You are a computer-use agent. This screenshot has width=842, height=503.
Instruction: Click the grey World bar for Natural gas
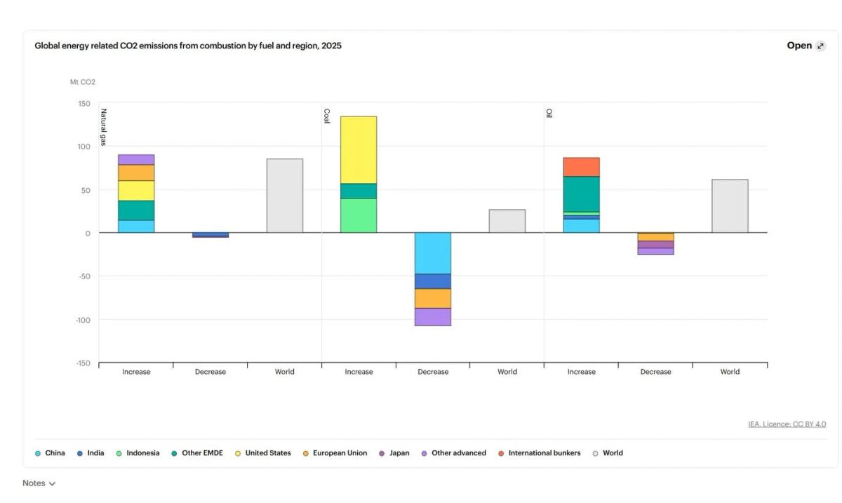(284, 196)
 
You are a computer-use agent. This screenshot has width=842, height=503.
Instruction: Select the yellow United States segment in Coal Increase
(359, 149)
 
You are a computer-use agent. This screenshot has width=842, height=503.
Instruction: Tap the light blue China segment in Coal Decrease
(432, 253)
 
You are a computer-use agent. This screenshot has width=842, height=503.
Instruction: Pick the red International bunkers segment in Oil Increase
(581, 167)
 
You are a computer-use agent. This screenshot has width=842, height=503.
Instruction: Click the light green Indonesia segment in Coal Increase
(359, 215)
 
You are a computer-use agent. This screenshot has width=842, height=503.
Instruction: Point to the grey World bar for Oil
(730, 206)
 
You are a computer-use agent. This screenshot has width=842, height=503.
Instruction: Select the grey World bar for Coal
(507, 221)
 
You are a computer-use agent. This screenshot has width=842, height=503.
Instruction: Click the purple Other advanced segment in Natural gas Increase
(136, 159)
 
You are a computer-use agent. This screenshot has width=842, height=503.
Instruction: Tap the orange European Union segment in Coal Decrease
(432, 298)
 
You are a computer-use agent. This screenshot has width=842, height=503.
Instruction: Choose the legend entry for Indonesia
(142, 453)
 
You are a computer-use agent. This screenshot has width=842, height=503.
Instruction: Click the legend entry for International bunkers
(544, 453)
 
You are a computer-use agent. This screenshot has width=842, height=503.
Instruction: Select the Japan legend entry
(399, 453)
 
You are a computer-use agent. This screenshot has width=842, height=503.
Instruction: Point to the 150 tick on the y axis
(84, 104)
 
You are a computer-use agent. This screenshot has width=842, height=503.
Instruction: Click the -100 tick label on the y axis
(83, 320)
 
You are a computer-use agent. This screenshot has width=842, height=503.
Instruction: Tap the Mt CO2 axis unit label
(82, 82)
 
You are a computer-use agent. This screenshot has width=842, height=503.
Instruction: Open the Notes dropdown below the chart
(39, 483)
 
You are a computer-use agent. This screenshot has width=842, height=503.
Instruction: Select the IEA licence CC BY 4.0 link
(787, 424)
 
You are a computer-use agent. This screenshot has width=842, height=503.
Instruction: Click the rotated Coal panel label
(326, 116)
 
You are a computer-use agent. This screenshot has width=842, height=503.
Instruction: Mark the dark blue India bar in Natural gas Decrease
(210, 235)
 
